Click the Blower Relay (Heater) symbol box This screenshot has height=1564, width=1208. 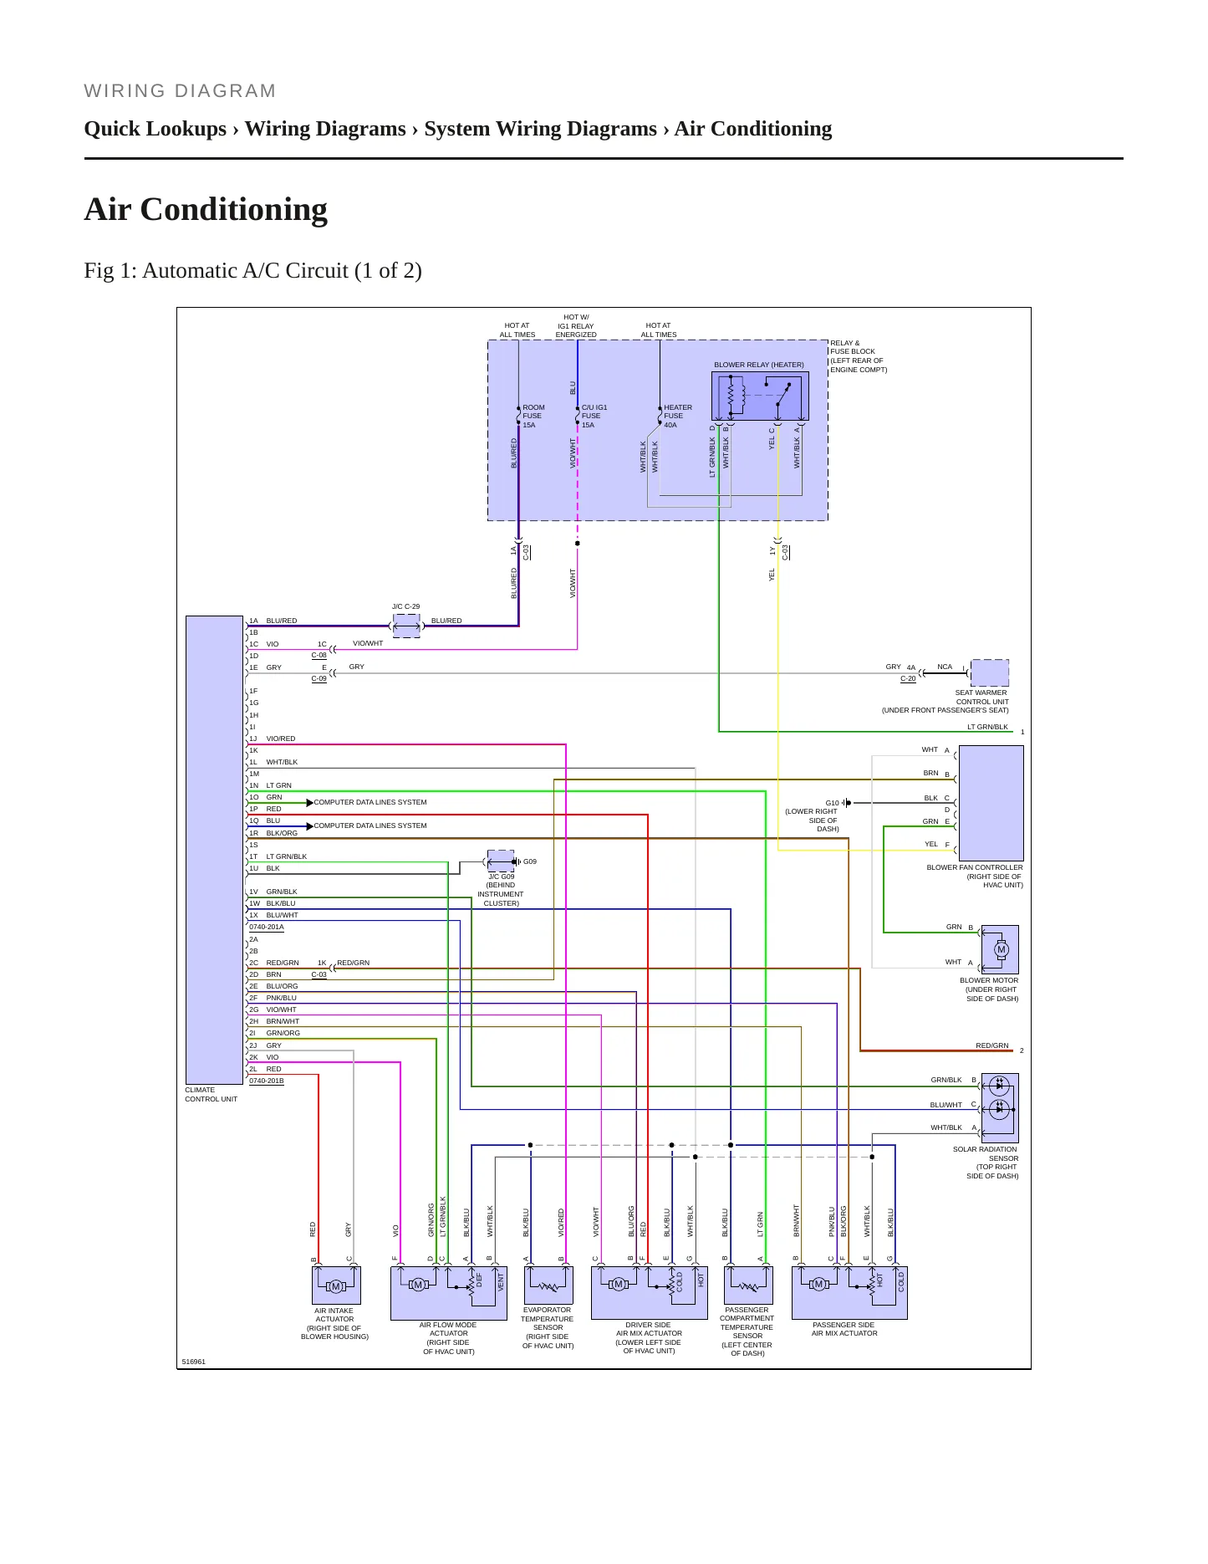point(760,396)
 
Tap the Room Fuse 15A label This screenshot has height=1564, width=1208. point(533,417)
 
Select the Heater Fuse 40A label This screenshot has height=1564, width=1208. point(678,417)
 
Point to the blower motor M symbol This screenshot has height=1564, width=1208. point(1001,949)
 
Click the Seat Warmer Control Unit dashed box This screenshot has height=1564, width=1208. point(990,672)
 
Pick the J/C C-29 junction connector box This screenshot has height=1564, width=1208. point(406,626)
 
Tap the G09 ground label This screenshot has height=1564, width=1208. point(530,861)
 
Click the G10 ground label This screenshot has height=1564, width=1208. point(832,803)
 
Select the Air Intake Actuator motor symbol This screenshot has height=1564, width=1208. point(335,1286)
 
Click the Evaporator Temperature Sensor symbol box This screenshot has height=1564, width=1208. point(548,1285)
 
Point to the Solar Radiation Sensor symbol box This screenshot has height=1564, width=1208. point(1000,1108)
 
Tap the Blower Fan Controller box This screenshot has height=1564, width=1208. point(991,803)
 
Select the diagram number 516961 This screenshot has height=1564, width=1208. point(194,1362)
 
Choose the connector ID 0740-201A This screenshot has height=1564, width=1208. point(267,927)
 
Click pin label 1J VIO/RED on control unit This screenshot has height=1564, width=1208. point(273,739)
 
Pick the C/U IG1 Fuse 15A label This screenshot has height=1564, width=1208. point(594,417)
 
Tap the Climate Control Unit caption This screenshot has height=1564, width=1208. point(212,1095)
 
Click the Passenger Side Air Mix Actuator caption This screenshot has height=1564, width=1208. point(844,1329)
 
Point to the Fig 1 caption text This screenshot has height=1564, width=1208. point(252,271)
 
